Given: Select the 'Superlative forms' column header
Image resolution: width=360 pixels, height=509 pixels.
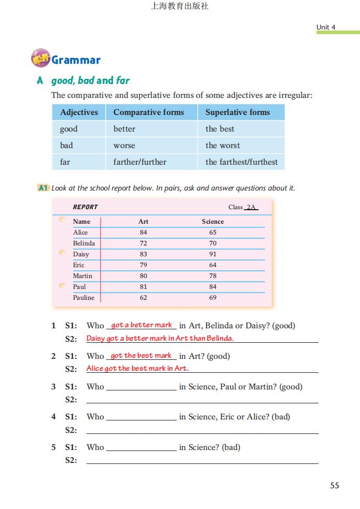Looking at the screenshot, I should pyautogui.click(x=237, y=112).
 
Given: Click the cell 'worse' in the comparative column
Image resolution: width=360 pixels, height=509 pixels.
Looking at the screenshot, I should pyautogui.click(x=124, y=146).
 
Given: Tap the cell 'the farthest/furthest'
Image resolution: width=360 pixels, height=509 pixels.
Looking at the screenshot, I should pyautogui.click(x=241, y=162).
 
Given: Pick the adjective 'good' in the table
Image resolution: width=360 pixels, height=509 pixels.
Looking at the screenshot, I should pyautogui.click(x=69, y=129).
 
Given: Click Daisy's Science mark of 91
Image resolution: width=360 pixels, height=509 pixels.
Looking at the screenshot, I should pyautogui.click(x=213, y=254).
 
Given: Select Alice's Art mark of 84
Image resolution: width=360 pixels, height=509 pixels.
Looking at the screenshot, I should pyautogui.click(x=143, y=232).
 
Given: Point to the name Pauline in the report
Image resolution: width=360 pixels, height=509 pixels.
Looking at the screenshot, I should pyautogui.click(x=83, y=298).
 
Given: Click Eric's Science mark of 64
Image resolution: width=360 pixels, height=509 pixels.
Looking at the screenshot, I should pyautogui.click(x=213, y=265).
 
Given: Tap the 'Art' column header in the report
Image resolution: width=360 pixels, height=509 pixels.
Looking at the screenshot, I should pyautogui.click(x=143, y=222).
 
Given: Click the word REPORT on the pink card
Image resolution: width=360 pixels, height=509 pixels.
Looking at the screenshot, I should pyautogui.click(x=85, y=207).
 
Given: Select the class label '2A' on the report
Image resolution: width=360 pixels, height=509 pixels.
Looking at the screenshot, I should pyautogui.click(x=251, y=207).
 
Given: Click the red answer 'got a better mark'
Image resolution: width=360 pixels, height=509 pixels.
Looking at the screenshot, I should pyautogui.click(x=141, y=325).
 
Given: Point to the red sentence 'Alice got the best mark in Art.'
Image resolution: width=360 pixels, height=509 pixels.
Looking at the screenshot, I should pyautogui.click(x=137, y=369).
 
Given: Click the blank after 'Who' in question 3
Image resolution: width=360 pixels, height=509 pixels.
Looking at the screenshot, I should pyautogui.click(x=141, y=387).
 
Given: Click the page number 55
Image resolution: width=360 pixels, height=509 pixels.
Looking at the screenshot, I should pyautogui.click(x=335, y=485).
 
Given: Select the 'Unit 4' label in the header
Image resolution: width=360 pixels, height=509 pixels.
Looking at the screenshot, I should pyautogui.click(x=326, y=27).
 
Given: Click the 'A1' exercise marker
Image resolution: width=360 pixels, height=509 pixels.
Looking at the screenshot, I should pyautogui.click(x=44, y=188).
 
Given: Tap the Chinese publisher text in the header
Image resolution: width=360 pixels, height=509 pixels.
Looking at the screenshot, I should pyautogui.click(x=180, y=7).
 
